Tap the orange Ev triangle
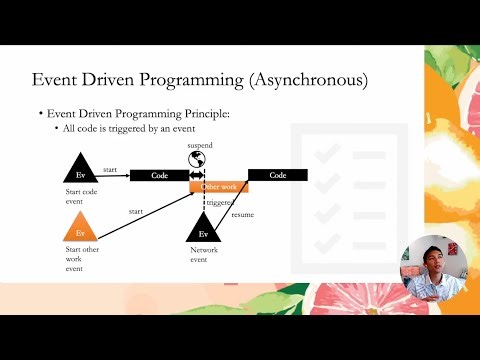tap(80, 223)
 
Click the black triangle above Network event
tap(203, 225)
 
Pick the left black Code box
tap(159, 175)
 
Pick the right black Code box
tap(277, 175)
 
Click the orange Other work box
tap(219, 187)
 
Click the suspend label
tap(200, 145)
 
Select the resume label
tap(243, 215)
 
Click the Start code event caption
tap(81, 192)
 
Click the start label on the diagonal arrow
tap(135, 211)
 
